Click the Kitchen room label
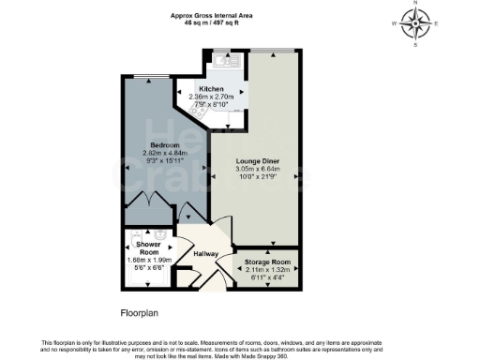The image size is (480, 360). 211,88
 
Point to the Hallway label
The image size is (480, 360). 205,252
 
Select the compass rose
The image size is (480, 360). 413,23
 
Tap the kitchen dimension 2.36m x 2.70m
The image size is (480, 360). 211,97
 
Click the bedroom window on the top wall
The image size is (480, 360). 149,78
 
